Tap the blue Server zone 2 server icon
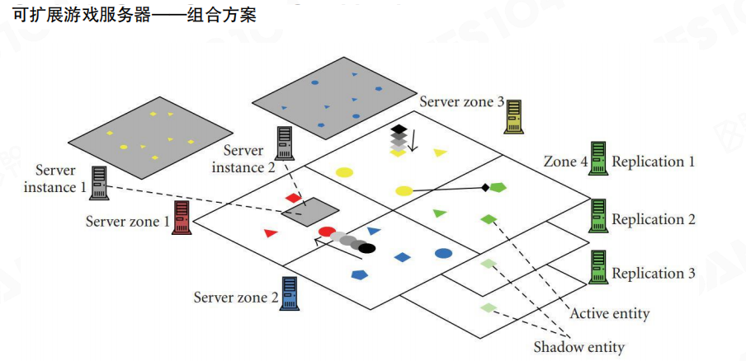[290, 293]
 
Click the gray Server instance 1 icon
[100, 183]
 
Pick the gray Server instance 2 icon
[286, 143]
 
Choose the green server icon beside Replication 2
[598, 217]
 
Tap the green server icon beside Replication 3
[598, 268]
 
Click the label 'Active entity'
[610, 313]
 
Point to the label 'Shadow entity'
[578, 346]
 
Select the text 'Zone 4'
[565, 162]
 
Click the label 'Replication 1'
[653, 162]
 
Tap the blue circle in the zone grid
[443, 253]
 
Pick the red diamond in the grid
[293, 198]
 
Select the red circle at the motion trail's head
[327, 232]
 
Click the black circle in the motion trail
[367, 248]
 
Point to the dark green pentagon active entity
[497, 188]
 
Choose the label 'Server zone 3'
[461, 102]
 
